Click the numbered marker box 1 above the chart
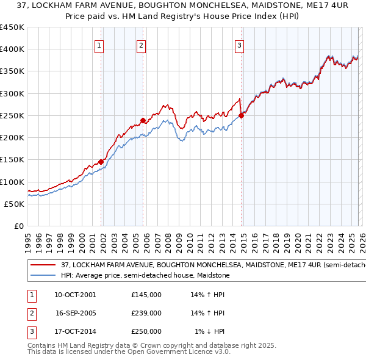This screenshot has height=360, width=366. tap(99, 45)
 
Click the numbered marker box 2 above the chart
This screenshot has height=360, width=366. tap(141, 45)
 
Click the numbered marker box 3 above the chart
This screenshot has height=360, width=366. tap(239, 45)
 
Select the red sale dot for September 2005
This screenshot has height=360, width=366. tap(143, 120)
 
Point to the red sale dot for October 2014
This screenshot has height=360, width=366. tap(241, 115)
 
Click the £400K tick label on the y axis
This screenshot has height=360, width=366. tap(12, 49)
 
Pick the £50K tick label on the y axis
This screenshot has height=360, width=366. tap(14, 204)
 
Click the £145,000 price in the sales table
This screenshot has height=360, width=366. tap(146, 295)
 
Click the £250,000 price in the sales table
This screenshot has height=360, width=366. tap(146, 331)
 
